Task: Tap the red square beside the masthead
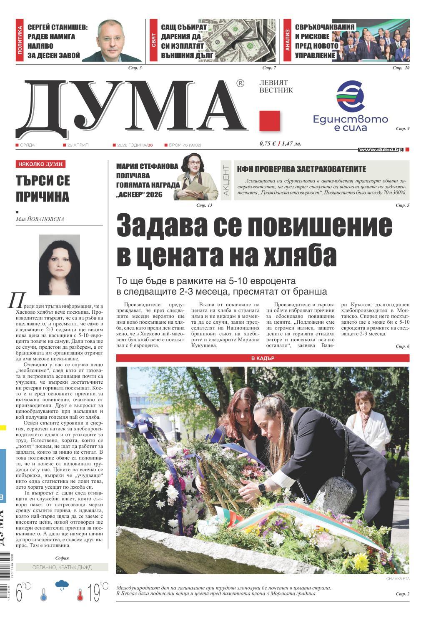[x=269, y=121]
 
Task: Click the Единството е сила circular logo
[x=350, y=95]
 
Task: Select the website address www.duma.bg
[x=381, y=150]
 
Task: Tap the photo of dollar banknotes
[x=246, y=40]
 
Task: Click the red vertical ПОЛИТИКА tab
[x=20, y=40]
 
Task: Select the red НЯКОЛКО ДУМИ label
[x=40, y=165]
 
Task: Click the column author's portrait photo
[x=59, y=264]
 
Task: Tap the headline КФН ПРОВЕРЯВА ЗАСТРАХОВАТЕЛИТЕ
[x=301, y=169]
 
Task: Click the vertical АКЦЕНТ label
[x=226, y=180]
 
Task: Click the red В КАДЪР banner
[x=263, y=358]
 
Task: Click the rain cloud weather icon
[x=62, y=585]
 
